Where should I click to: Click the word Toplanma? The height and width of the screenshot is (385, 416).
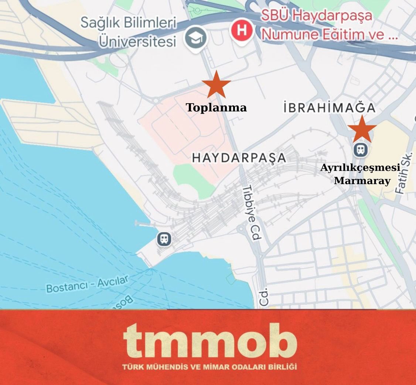[x=216, y=108]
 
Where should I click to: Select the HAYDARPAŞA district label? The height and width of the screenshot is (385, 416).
[x=239, y=158]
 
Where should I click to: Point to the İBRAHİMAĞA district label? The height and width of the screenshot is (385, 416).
[x=330, y=108]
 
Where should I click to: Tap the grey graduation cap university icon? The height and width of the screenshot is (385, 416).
[x=196, y=37]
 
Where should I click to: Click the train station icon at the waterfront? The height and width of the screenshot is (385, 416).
[x=164, y=239]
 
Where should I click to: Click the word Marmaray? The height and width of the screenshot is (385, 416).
[x=362, y=181]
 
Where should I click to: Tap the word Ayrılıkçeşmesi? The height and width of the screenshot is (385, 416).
[x=360, y=168]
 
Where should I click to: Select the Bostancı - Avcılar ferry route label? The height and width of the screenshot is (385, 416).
[x=87, y=284]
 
